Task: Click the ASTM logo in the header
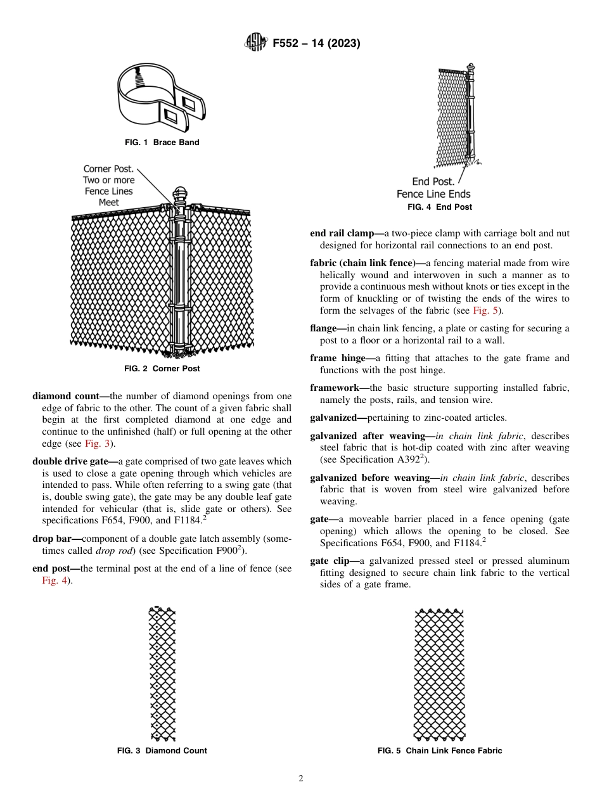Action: point(255,43)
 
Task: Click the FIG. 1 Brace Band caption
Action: point(162,143)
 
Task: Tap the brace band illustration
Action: point(162,99)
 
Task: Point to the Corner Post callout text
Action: point(108,186)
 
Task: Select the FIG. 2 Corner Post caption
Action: point(162,368)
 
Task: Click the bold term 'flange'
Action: point(325,328)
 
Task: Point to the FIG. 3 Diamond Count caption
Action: point(162,751)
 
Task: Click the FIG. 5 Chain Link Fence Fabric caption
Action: point(439,751)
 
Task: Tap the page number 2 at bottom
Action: point(301,779)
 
